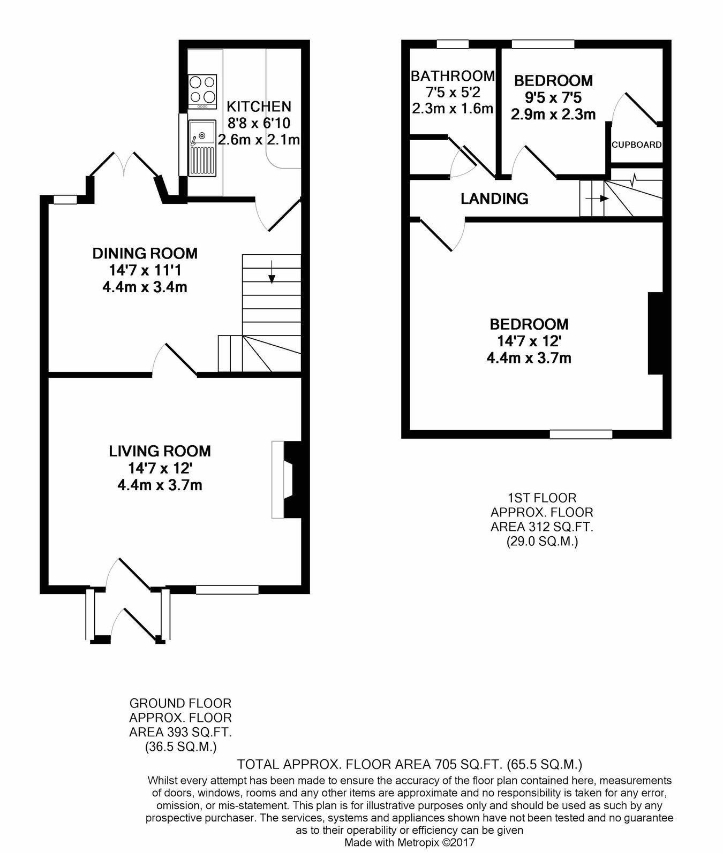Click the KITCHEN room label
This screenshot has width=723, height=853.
[259, 106]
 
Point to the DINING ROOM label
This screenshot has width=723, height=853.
[145, 253]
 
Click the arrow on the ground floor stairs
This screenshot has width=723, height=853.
[272, 272]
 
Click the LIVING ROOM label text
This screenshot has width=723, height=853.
[160, 451]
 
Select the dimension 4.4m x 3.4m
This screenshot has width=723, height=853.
[145, 287]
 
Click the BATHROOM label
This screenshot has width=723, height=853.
[452, 76]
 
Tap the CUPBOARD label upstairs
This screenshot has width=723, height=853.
[636, 144]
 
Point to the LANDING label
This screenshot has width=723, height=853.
[494, 199]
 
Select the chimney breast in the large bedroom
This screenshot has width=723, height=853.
[655, 333]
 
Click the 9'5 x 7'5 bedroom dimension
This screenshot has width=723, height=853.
[553, 98]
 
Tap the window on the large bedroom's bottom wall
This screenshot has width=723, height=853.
[581, 434]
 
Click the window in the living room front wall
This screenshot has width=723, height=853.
[227, 589]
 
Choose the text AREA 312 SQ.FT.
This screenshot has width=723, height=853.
[542, 527]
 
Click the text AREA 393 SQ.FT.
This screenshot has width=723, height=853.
[180, 732]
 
